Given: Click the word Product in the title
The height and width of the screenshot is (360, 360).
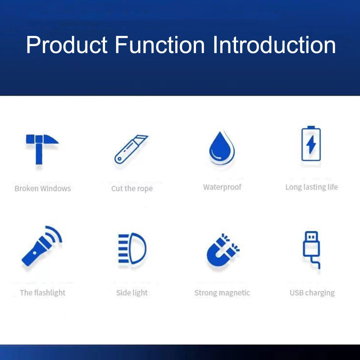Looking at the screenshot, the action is coord(67,45).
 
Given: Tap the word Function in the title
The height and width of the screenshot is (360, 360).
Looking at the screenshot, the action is coord(160,45).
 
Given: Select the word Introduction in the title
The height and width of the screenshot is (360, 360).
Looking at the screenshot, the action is coord(274,45).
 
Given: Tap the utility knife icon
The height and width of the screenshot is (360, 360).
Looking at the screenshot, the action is coord(131,149).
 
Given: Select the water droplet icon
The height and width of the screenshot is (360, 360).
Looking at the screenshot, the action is coord(222,148).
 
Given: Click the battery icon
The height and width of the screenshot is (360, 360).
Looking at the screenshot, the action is coord(311,144).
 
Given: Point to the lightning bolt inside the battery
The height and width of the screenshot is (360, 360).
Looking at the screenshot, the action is coord(311,145).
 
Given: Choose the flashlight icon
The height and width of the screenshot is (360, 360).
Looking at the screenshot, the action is coord(41,246).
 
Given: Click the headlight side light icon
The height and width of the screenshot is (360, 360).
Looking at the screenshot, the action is coord(132,248).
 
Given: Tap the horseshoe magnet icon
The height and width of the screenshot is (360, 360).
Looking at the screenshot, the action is coord(223,250).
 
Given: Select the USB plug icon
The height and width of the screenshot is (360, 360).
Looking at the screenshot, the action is coord(312,250).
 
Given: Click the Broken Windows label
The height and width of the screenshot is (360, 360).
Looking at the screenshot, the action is coord(43,188).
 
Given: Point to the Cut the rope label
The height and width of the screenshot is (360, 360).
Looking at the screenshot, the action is coord(132,189).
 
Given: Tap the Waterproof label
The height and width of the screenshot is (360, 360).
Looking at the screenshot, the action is coord(222,187).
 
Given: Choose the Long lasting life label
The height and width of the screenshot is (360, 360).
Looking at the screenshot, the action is coord(312,187).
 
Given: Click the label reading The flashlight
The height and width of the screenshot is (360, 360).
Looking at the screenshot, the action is coord(43,293).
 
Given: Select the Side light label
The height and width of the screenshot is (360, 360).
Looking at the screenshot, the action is coord(132,293).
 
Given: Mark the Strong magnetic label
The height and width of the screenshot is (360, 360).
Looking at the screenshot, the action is coord(222,293).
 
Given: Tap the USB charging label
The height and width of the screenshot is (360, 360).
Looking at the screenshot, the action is coord(312,293).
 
